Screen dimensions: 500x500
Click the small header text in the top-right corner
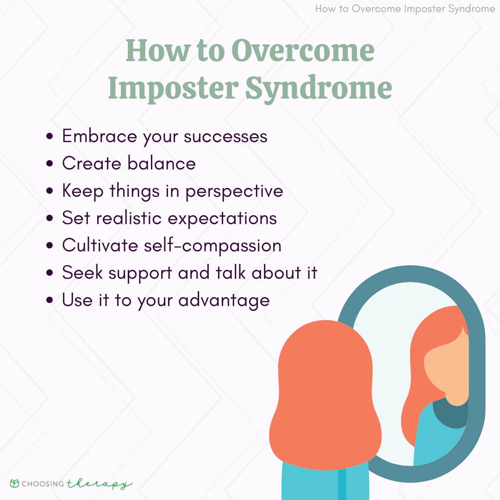point(405,9)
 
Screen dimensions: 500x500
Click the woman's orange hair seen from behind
point(325,394)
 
